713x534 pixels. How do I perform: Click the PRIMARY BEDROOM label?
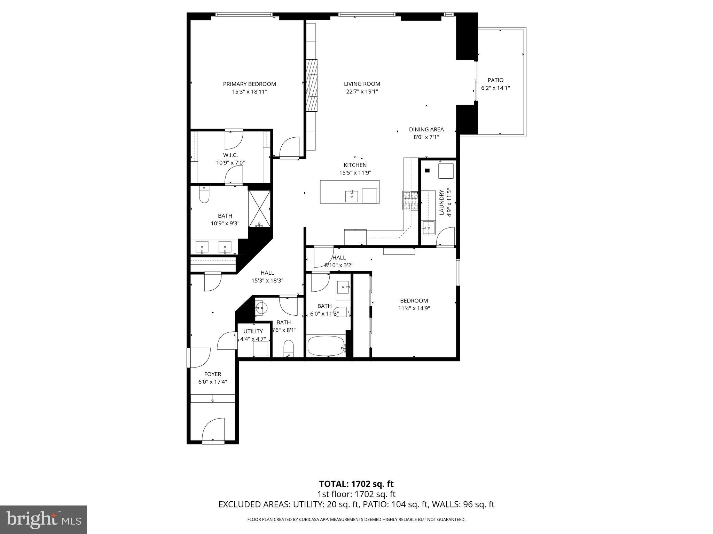coord(249,84)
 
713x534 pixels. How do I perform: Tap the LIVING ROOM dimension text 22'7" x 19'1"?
coord(362,92)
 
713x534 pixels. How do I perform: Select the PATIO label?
coord(495,80)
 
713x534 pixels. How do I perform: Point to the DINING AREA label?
coord(426,130)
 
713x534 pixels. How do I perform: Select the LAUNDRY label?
coord(441,202)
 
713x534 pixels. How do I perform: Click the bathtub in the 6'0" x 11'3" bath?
coord(326,346)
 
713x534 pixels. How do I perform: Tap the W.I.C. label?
coord(230,155)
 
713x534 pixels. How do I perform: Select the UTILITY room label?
coord(253,331)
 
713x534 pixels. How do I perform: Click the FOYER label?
coord(212,374)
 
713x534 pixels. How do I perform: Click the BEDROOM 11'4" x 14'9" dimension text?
coord(414,308)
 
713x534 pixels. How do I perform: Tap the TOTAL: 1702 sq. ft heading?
coord(356,484)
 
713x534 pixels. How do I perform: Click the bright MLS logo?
coord(44,519)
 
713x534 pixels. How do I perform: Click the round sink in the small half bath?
coord(261,308)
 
